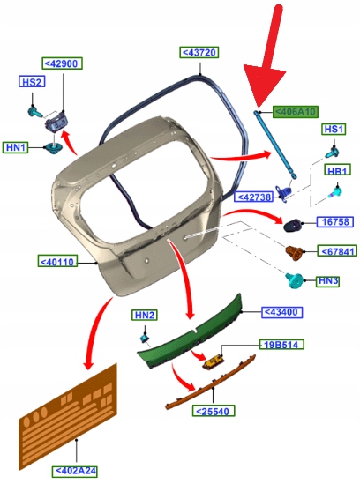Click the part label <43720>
click(199, 53)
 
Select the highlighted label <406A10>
click(295, 111)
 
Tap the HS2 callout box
click(32, 82)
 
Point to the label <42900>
click(62, 63)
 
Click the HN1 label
click(16, 147)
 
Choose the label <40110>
click(57, 262)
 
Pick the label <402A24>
click(74, 472)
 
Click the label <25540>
click(214, 411)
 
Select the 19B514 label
click(281, 345)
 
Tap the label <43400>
click(281, 312)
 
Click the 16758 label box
click(335, 221)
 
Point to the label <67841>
click(337, 251)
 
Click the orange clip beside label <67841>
click(294, 253)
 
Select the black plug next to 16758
click(292, 225)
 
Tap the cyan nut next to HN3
click(294, 280)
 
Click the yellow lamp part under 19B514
click(214, 361)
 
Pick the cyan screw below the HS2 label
click(35, 112)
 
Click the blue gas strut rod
click(276, 145)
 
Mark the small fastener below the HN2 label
click(145, 338)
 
